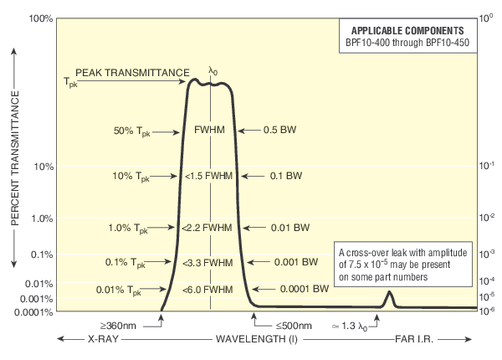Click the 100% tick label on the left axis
click(40, 18)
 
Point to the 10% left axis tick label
click(44, 166)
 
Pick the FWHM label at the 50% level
click(209, 131)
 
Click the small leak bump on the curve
click(389, 297)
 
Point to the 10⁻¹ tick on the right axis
click(487, 166)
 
